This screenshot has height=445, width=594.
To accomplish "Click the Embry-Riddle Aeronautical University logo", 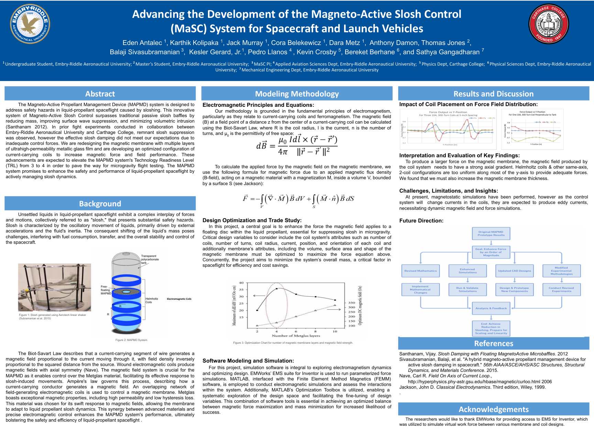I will click(30, 24).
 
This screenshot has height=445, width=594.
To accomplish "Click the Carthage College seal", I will click(549, 24).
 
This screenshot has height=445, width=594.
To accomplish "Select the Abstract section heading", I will click(100, 94).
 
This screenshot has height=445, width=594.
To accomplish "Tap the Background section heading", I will click(100, 204).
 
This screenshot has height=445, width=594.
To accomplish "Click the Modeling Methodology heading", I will click(297, 94).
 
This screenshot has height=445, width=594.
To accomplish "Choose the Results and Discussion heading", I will click(493, 94).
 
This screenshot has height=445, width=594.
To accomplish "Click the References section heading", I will click(493, 343).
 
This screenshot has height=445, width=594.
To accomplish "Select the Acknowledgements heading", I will click(493, 409).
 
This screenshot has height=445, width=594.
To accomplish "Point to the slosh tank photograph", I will click(55, 287).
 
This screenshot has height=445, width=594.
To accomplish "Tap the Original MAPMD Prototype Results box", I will click(491, 233).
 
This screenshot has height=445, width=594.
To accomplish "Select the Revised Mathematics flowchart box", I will click(420, 271).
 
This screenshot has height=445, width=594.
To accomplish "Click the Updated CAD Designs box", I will click(514, 271).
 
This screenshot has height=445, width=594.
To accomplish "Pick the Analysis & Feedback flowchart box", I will click(491, 308).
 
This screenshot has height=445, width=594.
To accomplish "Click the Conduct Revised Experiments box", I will click(561, 289).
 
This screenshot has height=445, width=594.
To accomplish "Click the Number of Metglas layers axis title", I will click(296, 336).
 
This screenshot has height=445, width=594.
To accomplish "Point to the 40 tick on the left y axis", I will click(241, 283).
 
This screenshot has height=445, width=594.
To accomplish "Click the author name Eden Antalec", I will click(142, 43).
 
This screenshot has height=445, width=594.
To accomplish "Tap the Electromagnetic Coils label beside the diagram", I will click(179, 299).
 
